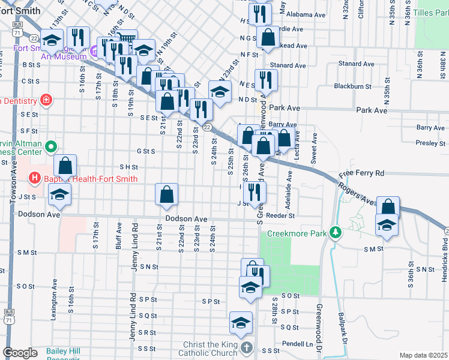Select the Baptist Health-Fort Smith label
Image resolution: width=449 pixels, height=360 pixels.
pyautogui.click(x=90, y=179)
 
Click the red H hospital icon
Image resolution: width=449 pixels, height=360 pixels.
pyautogui.click(x=34, y=179)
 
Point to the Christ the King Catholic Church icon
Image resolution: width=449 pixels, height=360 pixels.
pyautogui.click(x=246, y=347)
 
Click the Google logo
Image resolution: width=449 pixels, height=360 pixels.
pyautogui.click(x=20, y=352)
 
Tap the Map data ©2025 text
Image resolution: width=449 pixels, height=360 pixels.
pyautogui.click(x=423, y=355)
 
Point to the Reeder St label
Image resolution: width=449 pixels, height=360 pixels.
pyautogui.click(x=282, y=215)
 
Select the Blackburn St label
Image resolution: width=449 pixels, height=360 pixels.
pyautogui.click(x=354, y=86)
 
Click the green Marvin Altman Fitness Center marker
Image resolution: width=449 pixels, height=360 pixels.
pyautogui.click(x=51, y=145)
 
